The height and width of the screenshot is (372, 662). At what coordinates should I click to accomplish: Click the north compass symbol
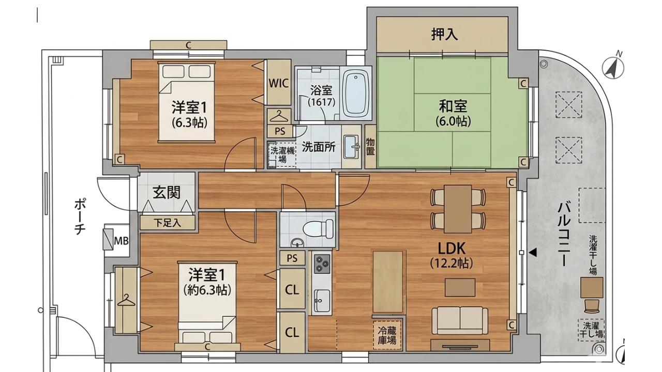pyautogui.click(x=613, y=67)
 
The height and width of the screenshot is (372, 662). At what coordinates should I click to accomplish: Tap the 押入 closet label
pyautogui.click(x=444, y=35)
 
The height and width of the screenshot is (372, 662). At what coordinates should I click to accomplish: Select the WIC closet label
pyautogui.click(x=278, y=83)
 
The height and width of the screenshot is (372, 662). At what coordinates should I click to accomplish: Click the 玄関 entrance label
pyautogui.click(x=167, y=193)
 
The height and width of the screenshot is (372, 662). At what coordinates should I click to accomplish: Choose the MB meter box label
pyautogui.click(x=122, y=241)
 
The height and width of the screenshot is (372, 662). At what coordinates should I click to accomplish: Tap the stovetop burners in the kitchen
pyautogui.click(x=322, y=263)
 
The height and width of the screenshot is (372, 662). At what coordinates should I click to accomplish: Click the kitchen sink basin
pyautogui.click(x=322, y=300)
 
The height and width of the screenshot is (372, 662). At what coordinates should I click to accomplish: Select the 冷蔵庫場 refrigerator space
pyautogui.click(x=387, y=335)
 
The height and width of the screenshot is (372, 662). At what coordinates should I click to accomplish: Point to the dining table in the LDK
pyautogui.click(x=458, y=209)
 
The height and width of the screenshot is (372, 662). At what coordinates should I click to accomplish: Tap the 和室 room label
pyautogui.click(x=453, y=107)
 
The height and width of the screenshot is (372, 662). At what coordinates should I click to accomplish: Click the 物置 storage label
pyautogui.click(x=370, y=146)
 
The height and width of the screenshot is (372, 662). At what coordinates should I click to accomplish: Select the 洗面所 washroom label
pyautogui.click(x=319, y=147)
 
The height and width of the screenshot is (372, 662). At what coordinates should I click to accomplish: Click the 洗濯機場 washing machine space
pyautogui.click(x=282, y=154)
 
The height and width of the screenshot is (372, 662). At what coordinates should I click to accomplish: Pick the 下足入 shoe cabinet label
pyautogui.click(x=167, y=223)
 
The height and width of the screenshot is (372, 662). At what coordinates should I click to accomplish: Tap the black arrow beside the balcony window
pyautogui.click(x=533, y=253)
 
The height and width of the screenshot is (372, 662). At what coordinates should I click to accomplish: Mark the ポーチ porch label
pyautogui.click(x=79, y=216)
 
